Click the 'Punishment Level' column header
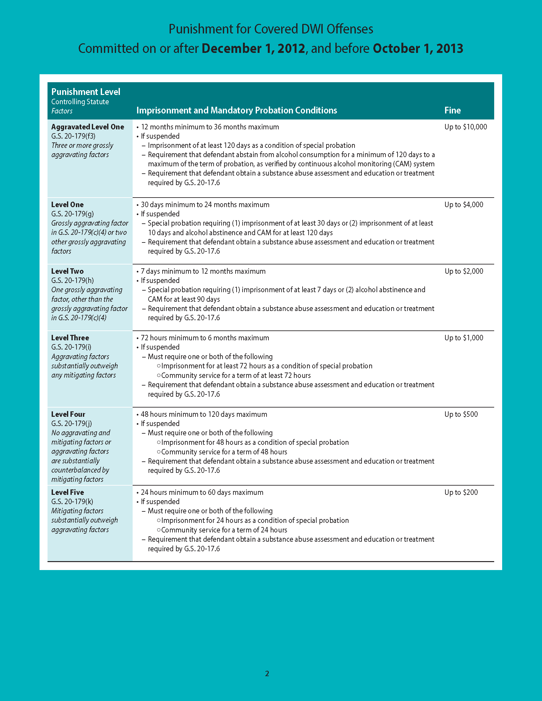tap(86, 92)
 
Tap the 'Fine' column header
tap(452, 111)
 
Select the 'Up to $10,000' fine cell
tap(465, 127)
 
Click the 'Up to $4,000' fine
tap(464, 205)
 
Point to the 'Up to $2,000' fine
tap(464, 271)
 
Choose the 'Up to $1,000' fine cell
tap(464, 338)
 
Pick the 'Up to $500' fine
tap(461, 414)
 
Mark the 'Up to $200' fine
tap(461, 492)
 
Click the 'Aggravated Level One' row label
tap(88, 127)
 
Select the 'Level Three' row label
tap(70, 338)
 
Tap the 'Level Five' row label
tap(67, 492)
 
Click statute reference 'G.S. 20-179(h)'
tap(73, 280)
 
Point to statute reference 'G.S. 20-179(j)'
tap(72, 423)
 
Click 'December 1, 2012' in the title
tap(253, 48)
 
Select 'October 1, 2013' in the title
tap(418, 48)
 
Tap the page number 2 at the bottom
tap(267, 673)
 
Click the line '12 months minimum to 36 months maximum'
tap(210, 127)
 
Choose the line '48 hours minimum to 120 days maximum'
tap(204, 414)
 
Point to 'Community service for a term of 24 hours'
tap(224, 530)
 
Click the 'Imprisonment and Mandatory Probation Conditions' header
tap(237, 111)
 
